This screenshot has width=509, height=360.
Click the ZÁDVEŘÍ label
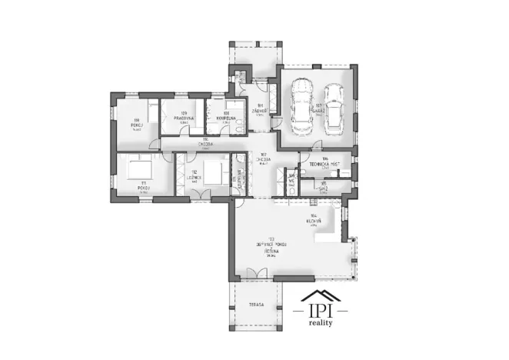pyautogui.click(x=261, y=110)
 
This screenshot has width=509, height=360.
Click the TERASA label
pyautogui.click(x=256, y=305)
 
